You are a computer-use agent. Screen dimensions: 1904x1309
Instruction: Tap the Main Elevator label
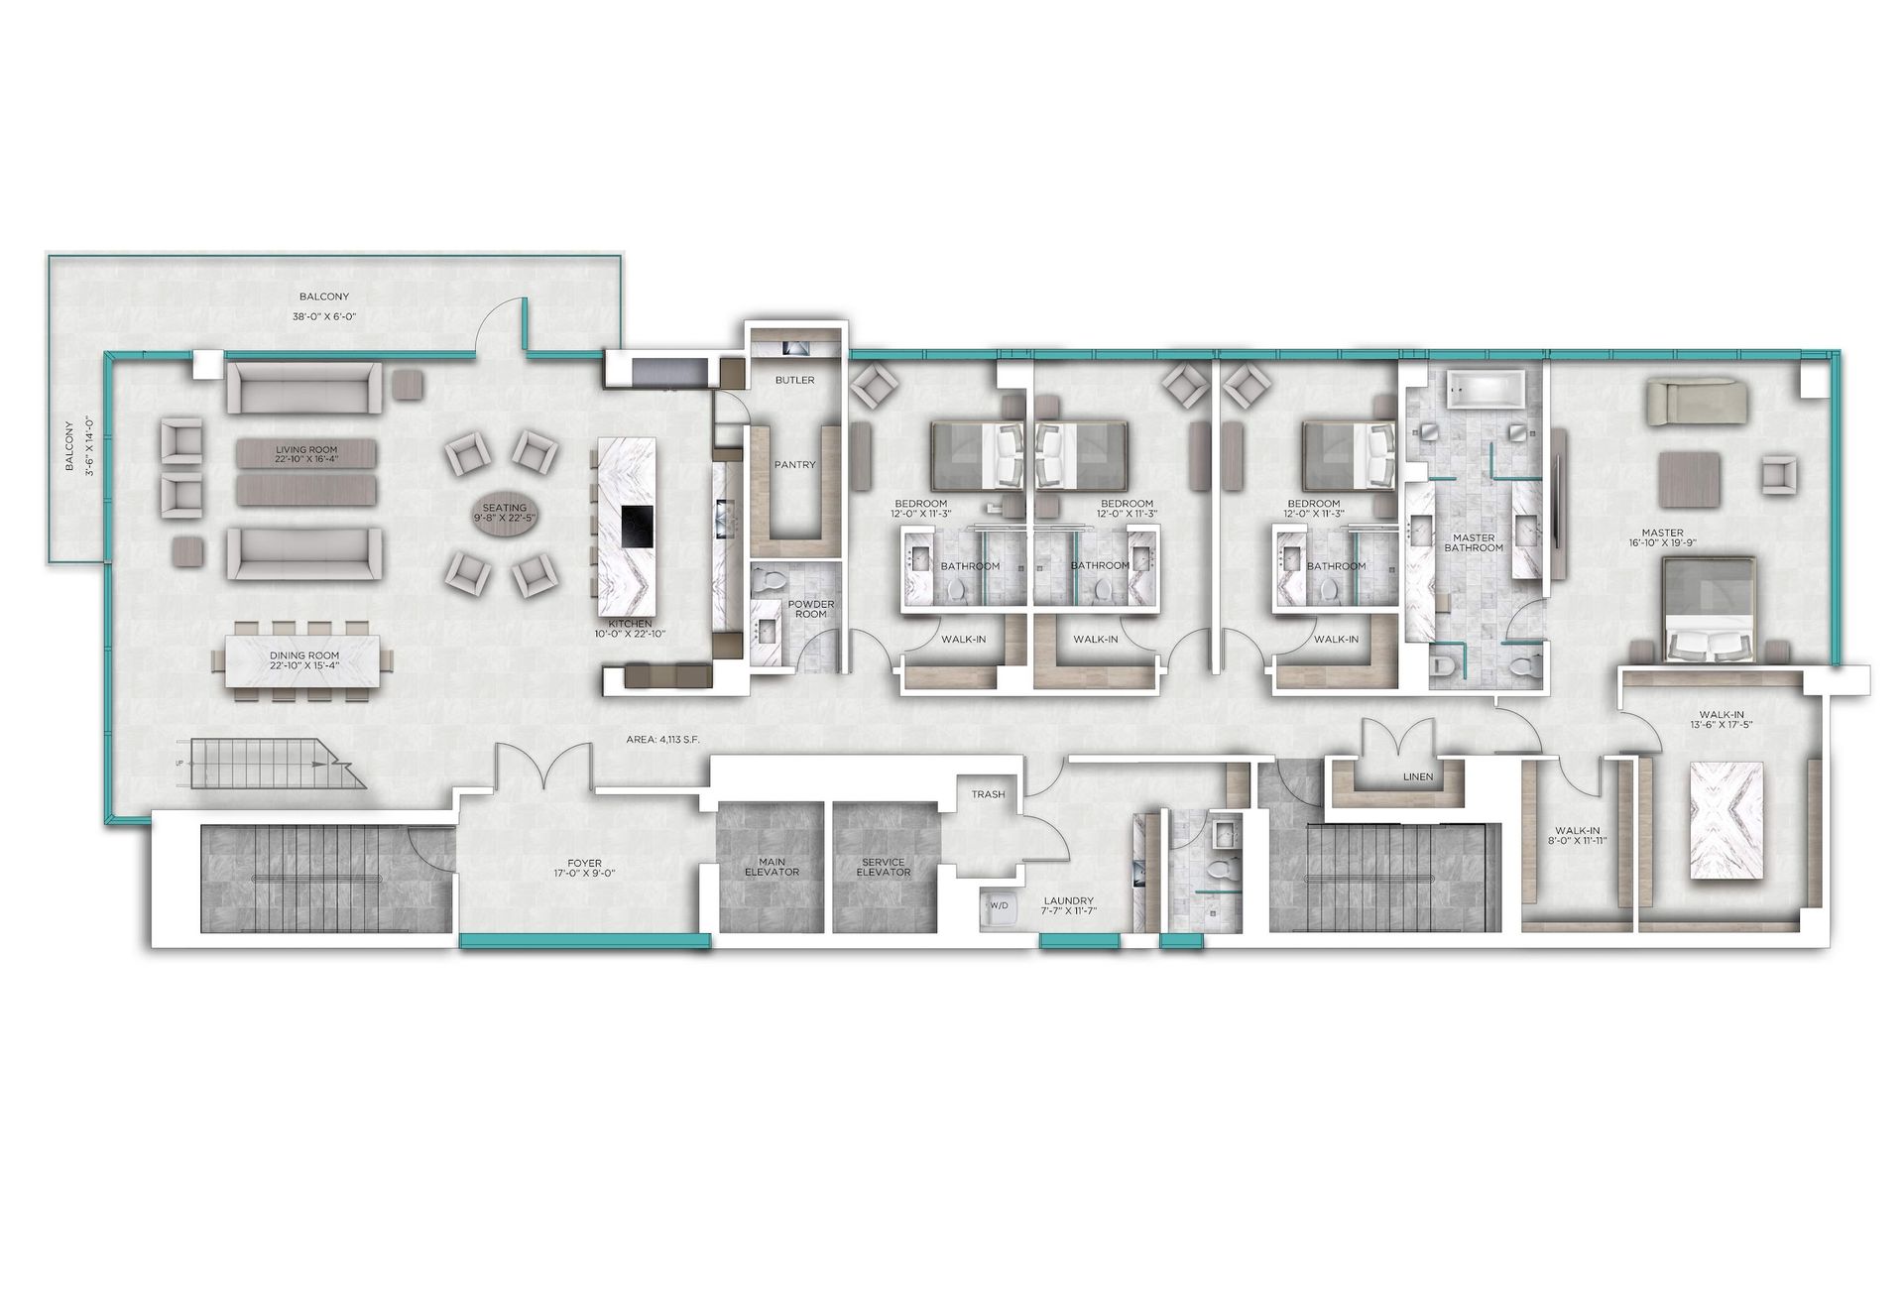(x=772, y=867)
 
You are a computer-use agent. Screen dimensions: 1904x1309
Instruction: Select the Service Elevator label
(x=884, y=867)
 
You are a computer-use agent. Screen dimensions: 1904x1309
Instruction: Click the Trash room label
(x=988, y=794)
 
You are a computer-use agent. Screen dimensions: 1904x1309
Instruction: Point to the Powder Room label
(x=811, y=609)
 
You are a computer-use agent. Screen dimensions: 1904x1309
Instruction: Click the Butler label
(x=794, y=380)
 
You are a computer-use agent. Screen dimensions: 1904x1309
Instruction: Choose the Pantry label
(x=794, y=464)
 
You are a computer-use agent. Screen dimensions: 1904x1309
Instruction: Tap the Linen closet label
(x=1418, y=776)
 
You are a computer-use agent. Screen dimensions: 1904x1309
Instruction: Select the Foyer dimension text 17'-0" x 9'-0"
(x=578, y=875)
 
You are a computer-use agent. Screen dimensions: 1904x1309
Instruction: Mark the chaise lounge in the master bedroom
(x=1698, y=405)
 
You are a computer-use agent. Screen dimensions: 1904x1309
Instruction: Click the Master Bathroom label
(x=1474, y=542)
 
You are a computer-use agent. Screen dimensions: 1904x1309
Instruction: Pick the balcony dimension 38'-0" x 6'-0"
(x=325, y=316)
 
